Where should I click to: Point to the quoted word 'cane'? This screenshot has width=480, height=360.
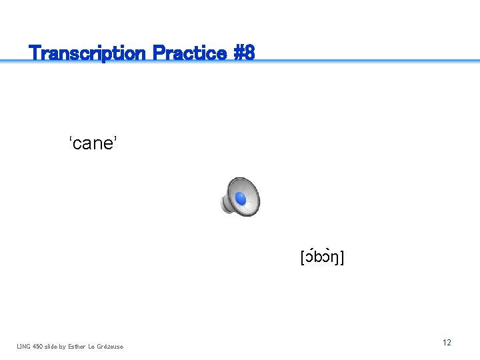click(93, 143)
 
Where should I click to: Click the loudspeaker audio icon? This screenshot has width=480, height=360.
click(240, 197)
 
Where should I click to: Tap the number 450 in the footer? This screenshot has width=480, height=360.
click(38, 346)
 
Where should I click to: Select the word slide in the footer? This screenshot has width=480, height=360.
click(51, 346)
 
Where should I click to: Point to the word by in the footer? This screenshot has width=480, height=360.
click(63, 346)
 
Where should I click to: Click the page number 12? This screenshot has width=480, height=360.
click(447, 343)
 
